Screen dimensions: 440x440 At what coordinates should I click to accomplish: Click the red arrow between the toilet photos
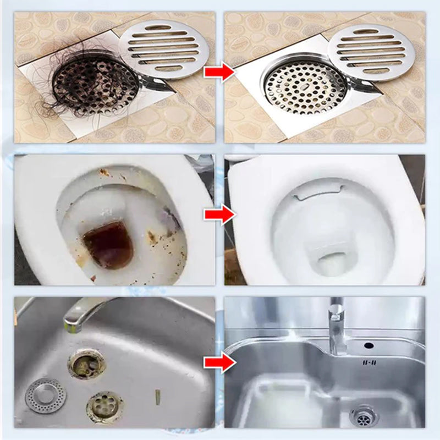click(219, 215)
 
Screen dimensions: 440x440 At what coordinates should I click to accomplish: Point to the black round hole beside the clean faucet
click(369, 345)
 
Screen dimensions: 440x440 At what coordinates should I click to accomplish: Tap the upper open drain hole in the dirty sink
click(86, 363)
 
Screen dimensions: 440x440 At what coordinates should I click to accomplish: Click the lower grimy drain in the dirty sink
click(105, 406)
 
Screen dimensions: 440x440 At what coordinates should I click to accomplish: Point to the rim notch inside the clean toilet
click(316, 190)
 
